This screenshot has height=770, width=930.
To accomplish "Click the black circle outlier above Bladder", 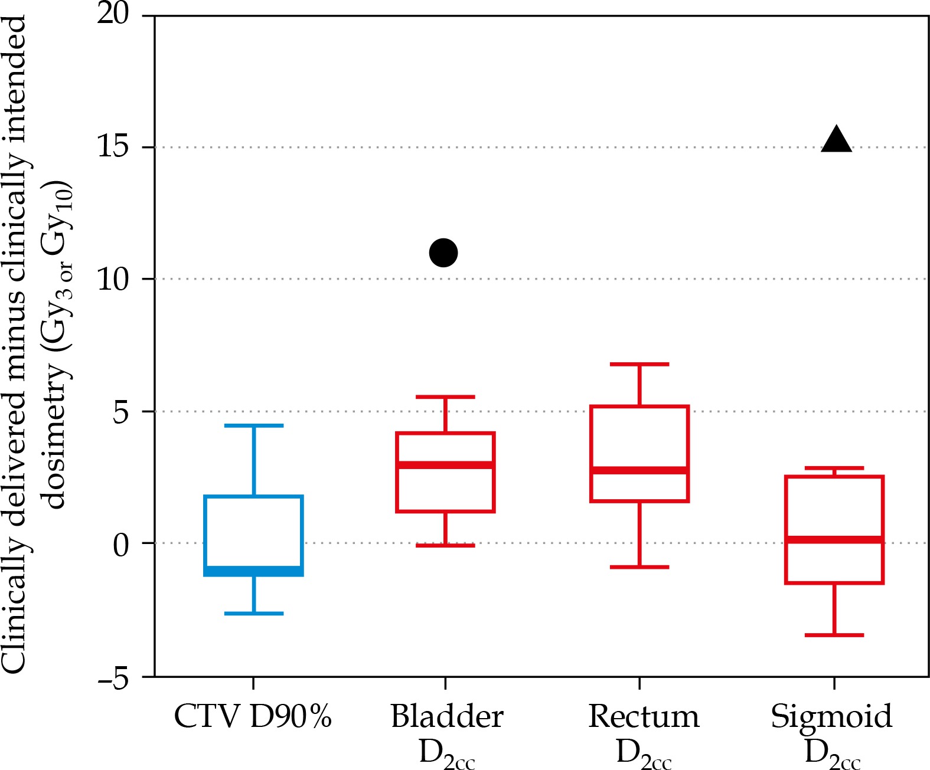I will point(443,253).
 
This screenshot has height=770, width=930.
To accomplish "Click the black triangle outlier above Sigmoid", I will point(836,141).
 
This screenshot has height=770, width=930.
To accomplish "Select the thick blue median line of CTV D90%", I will point(254,571).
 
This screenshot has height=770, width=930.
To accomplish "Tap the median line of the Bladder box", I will point(445,465).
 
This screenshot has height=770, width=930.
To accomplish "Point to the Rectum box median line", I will point(639,470).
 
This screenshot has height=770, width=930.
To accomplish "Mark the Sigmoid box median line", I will point(834,539).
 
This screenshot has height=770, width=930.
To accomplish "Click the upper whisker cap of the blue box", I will point(254,425).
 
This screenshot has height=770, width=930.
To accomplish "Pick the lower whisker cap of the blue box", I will point(254,614).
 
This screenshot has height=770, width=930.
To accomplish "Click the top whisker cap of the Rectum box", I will point(639,365).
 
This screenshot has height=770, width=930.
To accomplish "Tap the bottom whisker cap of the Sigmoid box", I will point(834,635).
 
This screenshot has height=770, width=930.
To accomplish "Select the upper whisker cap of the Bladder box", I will point(445,397).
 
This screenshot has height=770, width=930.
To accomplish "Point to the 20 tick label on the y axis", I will point(113,13).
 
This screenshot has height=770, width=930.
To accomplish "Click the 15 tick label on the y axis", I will point(113,146).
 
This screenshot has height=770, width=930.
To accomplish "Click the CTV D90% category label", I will point(253,716).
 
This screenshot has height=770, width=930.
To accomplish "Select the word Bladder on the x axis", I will point(447,716).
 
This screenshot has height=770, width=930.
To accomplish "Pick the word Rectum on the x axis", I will point(644,716).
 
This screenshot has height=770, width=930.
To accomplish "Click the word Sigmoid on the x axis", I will point(831,716).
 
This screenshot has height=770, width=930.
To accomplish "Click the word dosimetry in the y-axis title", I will point(56,437).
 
